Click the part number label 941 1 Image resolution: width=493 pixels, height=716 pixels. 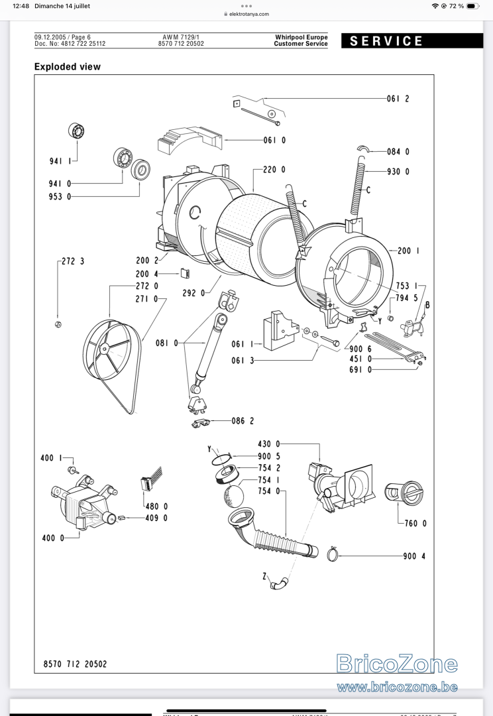[60, 160]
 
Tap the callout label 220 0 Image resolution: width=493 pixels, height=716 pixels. [274, 170]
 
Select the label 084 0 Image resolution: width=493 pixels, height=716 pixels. [398, 152]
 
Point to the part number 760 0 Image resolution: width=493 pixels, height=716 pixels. [415, 523]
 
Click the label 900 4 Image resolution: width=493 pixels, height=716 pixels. [414, 556]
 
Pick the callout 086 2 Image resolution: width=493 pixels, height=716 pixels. [243, 420]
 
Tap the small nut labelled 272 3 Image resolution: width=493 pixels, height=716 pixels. [58, 325]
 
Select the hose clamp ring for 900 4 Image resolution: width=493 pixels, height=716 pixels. [333, 555]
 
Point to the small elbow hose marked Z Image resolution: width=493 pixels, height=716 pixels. [279, 583]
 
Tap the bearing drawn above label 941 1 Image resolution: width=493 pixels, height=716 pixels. [77, 131]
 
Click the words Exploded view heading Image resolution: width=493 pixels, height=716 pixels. [67, 67]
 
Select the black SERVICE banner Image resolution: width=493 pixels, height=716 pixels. [411, 40]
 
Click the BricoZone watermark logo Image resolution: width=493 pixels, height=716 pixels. [397, 664]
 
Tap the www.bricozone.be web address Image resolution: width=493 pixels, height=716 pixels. [397, 687]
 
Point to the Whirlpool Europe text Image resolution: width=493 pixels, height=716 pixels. [301, 37]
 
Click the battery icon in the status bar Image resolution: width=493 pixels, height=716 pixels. [473, 6]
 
